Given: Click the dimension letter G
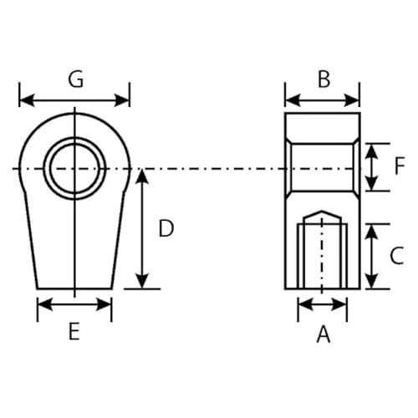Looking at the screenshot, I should click(75, 79).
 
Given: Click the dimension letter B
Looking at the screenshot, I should click(324, 79).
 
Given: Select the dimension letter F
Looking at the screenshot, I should click(399, 166).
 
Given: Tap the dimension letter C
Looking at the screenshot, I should click(397, 256).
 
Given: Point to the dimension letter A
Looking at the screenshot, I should click(323, 334).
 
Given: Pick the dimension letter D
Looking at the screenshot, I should click(166, 228).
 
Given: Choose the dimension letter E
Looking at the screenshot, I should click(74, 332).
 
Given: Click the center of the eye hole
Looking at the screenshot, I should click(75, 169).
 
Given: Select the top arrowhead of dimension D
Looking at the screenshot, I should click(143, 174).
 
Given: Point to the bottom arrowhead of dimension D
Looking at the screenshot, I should click(143, 283).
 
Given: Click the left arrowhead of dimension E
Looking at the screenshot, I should click(42, 305).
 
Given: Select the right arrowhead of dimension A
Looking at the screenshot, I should click(343, 305).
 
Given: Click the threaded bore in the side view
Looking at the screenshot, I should click(323, 255).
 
